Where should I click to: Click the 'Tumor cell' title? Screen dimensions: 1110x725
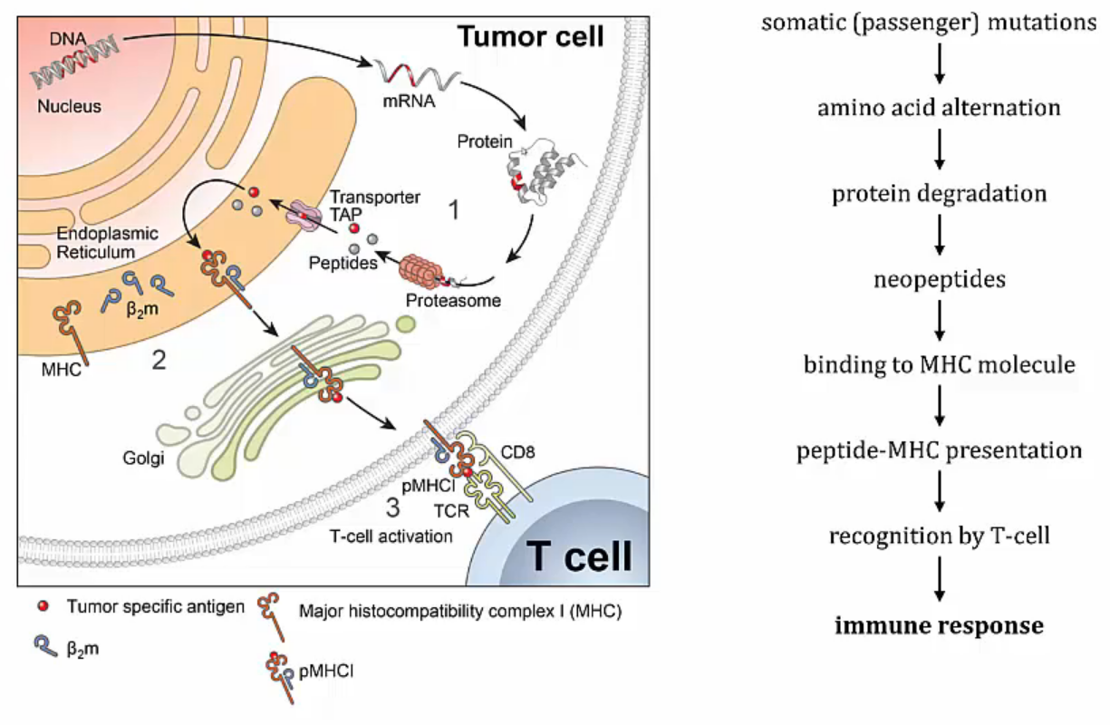point(531,36)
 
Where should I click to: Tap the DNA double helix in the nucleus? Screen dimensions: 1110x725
point(74,63)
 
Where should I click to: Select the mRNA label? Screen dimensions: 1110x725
point(409,101)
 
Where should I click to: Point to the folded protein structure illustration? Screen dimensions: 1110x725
point(542,171)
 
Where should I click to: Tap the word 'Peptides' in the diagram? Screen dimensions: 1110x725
point(343,263)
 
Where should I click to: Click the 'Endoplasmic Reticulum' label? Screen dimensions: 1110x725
point(107,242)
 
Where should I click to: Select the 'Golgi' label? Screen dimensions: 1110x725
point(143,458)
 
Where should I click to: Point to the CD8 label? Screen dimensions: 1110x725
point(517,452)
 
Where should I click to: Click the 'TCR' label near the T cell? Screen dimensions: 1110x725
point(451,510)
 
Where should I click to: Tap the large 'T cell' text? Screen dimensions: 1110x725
point(579,556)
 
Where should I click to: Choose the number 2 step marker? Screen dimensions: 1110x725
point(159,361)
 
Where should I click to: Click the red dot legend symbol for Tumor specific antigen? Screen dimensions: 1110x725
point(43,605)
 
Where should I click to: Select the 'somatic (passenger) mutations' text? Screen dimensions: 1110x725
point(929,23)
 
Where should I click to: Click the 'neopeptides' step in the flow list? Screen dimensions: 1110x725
point(940,279)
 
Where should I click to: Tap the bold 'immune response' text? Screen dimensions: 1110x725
point(939,625)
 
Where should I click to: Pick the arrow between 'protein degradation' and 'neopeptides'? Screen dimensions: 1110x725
point(939,235)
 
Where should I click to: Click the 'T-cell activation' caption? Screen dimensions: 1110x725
point(391,536)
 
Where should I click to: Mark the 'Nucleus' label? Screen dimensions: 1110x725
point(69,106)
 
